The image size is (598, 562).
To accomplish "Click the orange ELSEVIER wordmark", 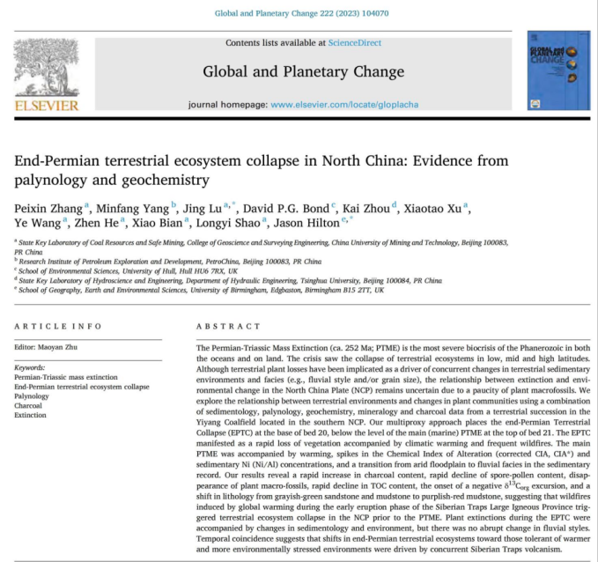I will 47,106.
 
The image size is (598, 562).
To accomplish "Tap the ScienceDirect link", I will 356,42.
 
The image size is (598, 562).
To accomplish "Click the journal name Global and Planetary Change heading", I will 303,71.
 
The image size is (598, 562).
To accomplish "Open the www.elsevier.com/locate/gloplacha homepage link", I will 344,105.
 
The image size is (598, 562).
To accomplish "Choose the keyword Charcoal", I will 31,406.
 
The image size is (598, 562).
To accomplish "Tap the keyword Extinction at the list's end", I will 32,415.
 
